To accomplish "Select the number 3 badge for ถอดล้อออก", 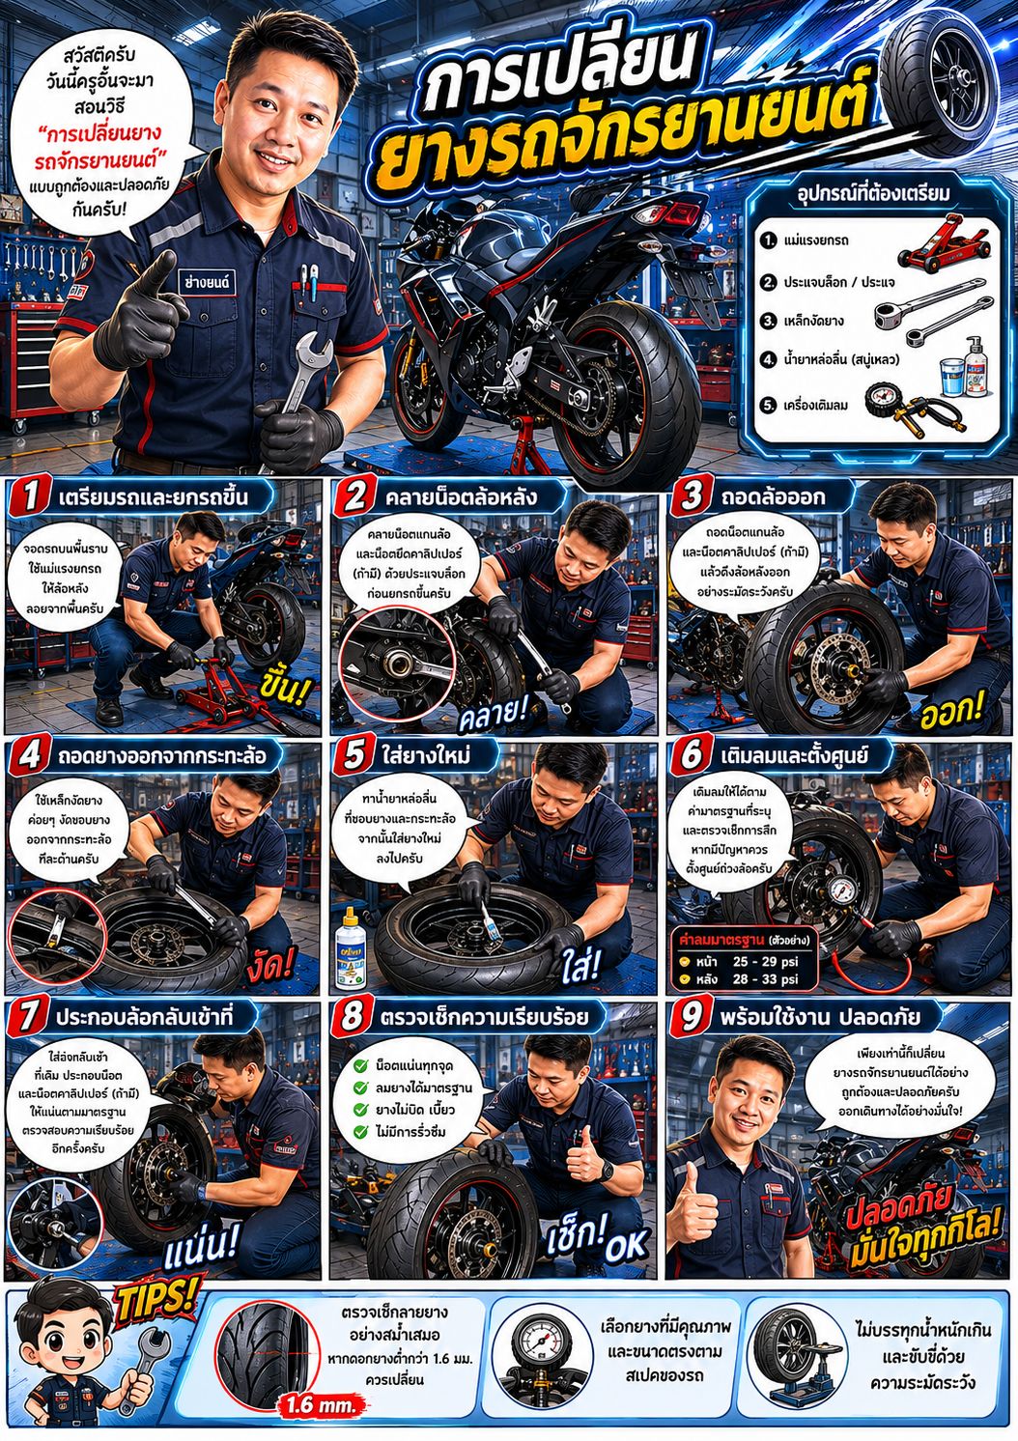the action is [x=691, y=496].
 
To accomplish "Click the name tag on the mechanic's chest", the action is [x=207, y=282].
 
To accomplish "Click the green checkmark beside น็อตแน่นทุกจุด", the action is [x=361, y=1065].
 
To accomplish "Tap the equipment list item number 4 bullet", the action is [x=768, y=359].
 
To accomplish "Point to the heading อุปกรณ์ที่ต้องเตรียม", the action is [x=873, y=193].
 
